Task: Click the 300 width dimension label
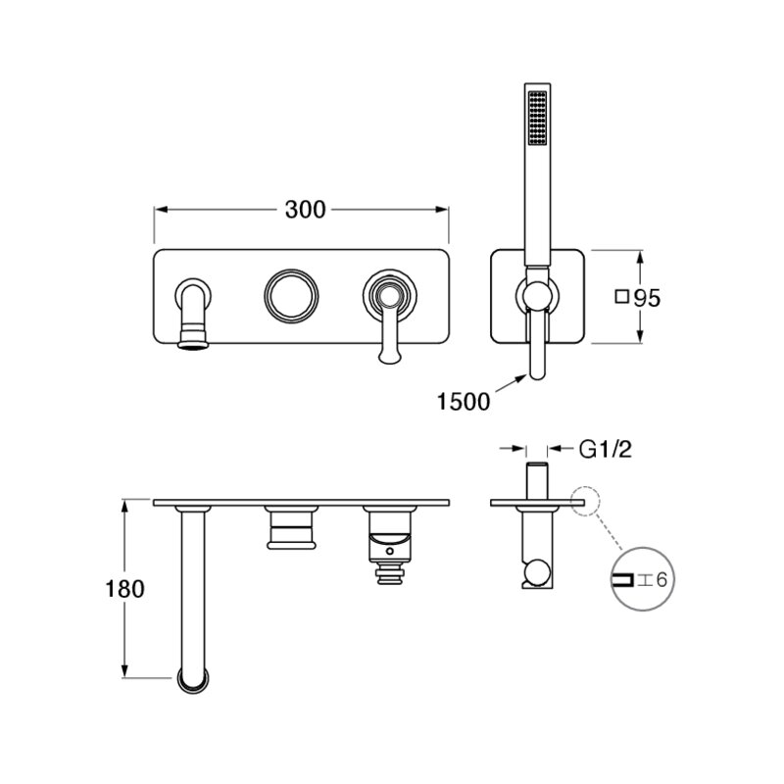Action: (x=305, y=210)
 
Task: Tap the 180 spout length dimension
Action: (x=124, y=589)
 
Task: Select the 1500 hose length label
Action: (x=464, y=402)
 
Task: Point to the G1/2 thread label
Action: (x=605, y=449)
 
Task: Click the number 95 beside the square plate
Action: (x=647, y=298)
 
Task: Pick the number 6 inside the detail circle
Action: (x=661, y=580)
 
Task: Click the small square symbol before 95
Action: (x=621, y=297)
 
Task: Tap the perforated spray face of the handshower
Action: (x=537, y=118)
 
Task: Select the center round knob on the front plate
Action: (x=291, y=296)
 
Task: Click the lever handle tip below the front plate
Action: (x=389, y=355)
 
